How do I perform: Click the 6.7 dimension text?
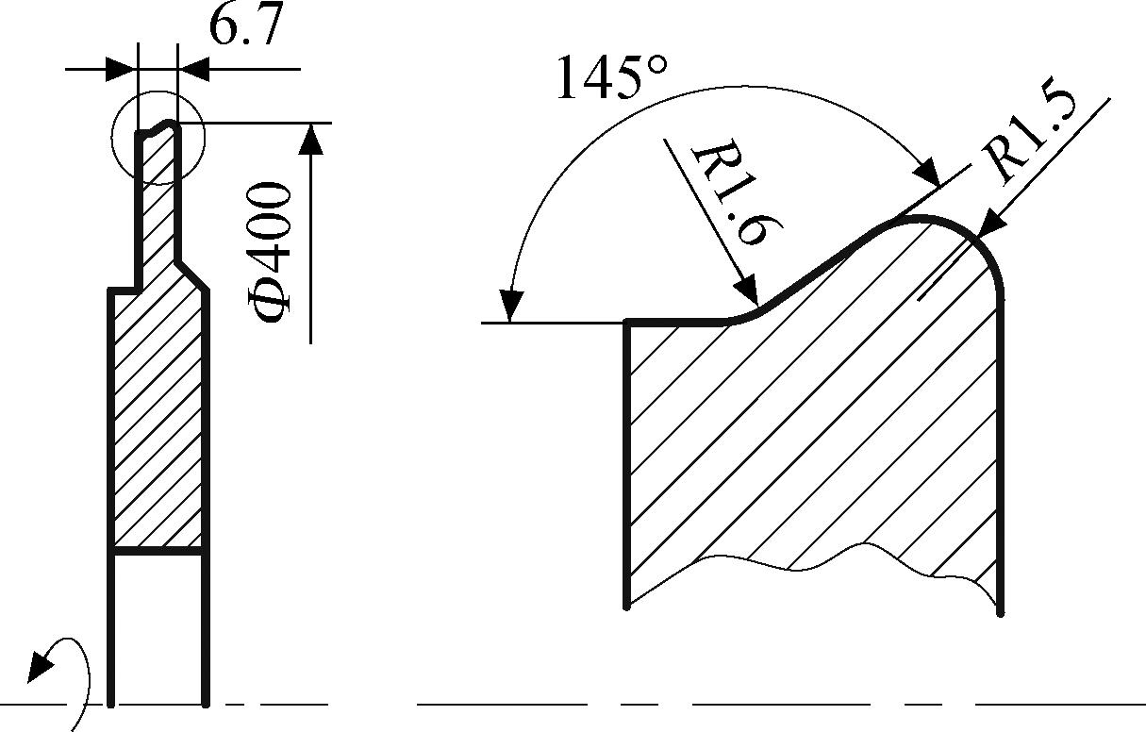246,26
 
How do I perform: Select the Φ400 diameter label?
269,253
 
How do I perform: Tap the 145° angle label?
612,76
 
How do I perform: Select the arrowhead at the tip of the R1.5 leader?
991,225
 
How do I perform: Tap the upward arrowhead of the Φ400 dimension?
310,138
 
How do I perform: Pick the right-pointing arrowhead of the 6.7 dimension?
123,69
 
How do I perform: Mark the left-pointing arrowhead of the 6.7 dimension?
192,69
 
